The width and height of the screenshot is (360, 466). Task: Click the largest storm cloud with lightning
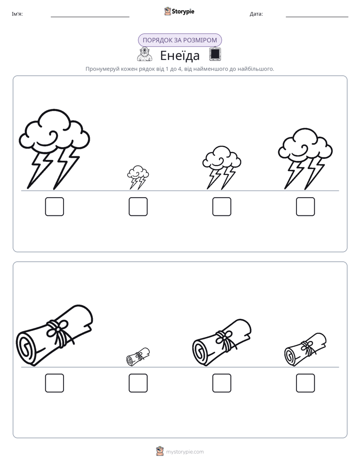(54, 149)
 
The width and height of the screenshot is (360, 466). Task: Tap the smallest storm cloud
(138, 177)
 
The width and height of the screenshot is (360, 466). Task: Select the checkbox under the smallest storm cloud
(138, 207)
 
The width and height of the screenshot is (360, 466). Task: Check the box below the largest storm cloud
(54, 207)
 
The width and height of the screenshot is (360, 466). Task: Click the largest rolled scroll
(54, 335)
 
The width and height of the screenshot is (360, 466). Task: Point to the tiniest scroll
(138, 357)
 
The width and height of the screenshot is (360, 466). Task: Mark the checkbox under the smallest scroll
(138, 383)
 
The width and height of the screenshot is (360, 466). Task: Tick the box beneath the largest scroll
(54, 383)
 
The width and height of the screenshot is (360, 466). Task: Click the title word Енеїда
(179, 55)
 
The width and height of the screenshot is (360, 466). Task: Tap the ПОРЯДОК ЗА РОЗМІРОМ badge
(179, 40)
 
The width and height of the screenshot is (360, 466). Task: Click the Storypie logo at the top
(179, 11)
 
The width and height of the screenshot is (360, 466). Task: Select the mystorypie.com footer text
(185, 452)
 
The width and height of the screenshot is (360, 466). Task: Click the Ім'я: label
(17, 14)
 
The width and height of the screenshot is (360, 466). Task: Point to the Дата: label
(256, 14)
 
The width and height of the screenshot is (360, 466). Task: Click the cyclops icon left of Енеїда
(145, 54)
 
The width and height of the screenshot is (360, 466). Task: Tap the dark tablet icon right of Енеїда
(215, 54)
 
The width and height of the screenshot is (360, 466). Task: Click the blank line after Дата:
(317, 17)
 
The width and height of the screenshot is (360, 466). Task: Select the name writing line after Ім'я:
(90, 17)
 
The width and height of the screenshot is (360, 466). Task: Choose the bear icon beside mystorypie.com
(160, 451)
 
